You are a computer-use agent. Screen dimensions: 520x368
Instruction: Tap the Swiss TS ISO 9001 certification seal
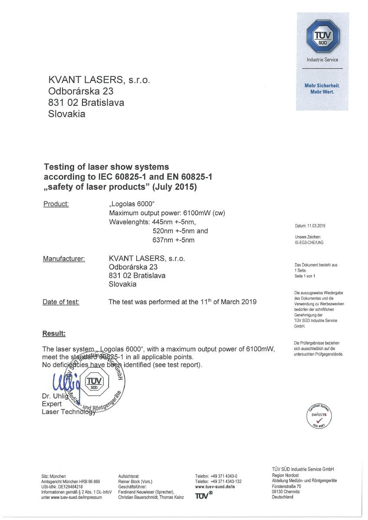point(319,416)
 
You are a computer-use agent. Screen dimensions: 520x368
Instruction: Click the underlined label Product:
point(56,204)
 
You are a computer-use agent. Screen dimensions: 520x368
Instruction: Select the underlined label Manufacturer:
point(64,259)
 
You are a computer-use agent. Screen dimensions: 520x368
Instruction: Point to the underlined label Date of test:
point(61,302)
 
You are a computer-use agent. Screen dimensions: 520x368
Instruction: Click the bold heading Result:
point(54,333)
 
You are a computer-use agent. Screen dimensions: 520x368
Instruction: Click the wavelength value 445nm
point(161,222)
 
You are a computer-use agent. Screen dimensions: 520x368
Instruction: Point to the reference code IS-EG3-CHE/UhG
point(309,243)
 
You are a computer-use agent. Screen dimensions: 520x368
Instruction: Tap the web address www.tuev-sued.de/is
point(215,487)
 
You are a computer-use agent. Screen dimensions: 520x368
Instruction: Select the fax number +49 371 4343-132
point(226,481)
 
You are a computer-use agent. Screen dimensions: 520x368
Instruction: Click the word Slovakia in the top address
point(66,115)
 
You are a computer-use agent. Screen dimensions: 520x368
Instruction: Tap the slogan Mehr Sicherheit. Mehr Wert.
point(322,89)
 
